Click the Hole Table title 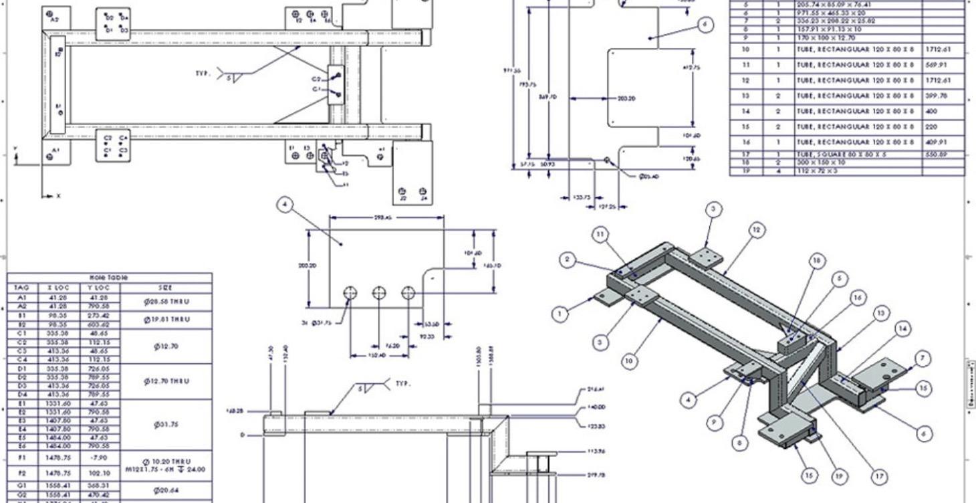point(109,277)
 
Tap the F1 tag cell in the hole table point(23,458)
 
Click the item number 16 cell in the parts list point(746,142)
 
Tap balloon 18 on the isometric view point(817,262)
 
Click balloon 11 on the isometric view point(600,234)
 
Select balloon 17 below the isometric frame point(880,476)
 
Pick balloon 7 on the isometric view point(923,359)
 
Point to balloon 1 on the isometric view point(561,313)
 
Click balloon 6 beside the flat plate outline point(704,25)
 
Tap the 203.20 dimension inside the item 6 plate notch point(626,98)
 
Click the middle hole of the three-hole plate point(379,293)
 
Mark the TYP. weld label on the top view point(203,74)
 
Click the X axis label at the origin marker point(58,196)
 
